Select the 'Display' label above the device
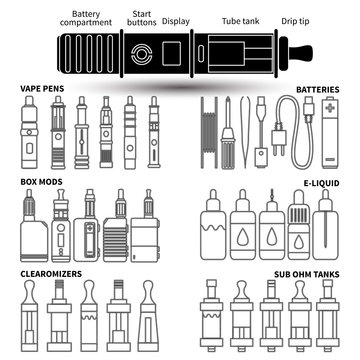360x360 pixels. point(176,19)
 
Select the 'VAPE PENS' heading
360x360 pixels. point(41,89)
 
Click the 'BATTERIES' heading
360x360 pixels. point(318,89)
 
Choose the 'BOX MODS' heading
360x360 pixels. point(40,183)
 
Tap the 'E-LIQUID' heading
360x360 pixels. point(321,183)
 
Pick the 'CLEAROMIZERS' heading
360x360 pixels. point(51,270)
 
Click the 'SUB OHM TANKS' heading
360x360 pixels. point(306,270)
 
